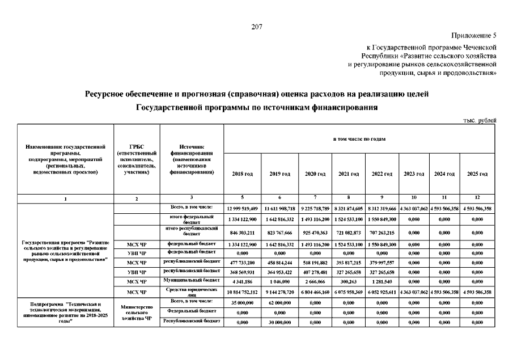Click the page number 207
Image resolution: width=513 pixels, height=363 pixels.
click(256, 27)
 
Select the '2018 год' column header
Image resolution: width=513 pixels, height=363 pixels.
click(243, 174)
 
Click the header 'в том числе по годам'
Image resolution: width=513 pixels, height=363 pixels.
click(359, 138)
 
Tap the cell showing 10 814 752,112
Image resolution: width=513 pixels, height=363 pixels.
click(243, 292)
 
